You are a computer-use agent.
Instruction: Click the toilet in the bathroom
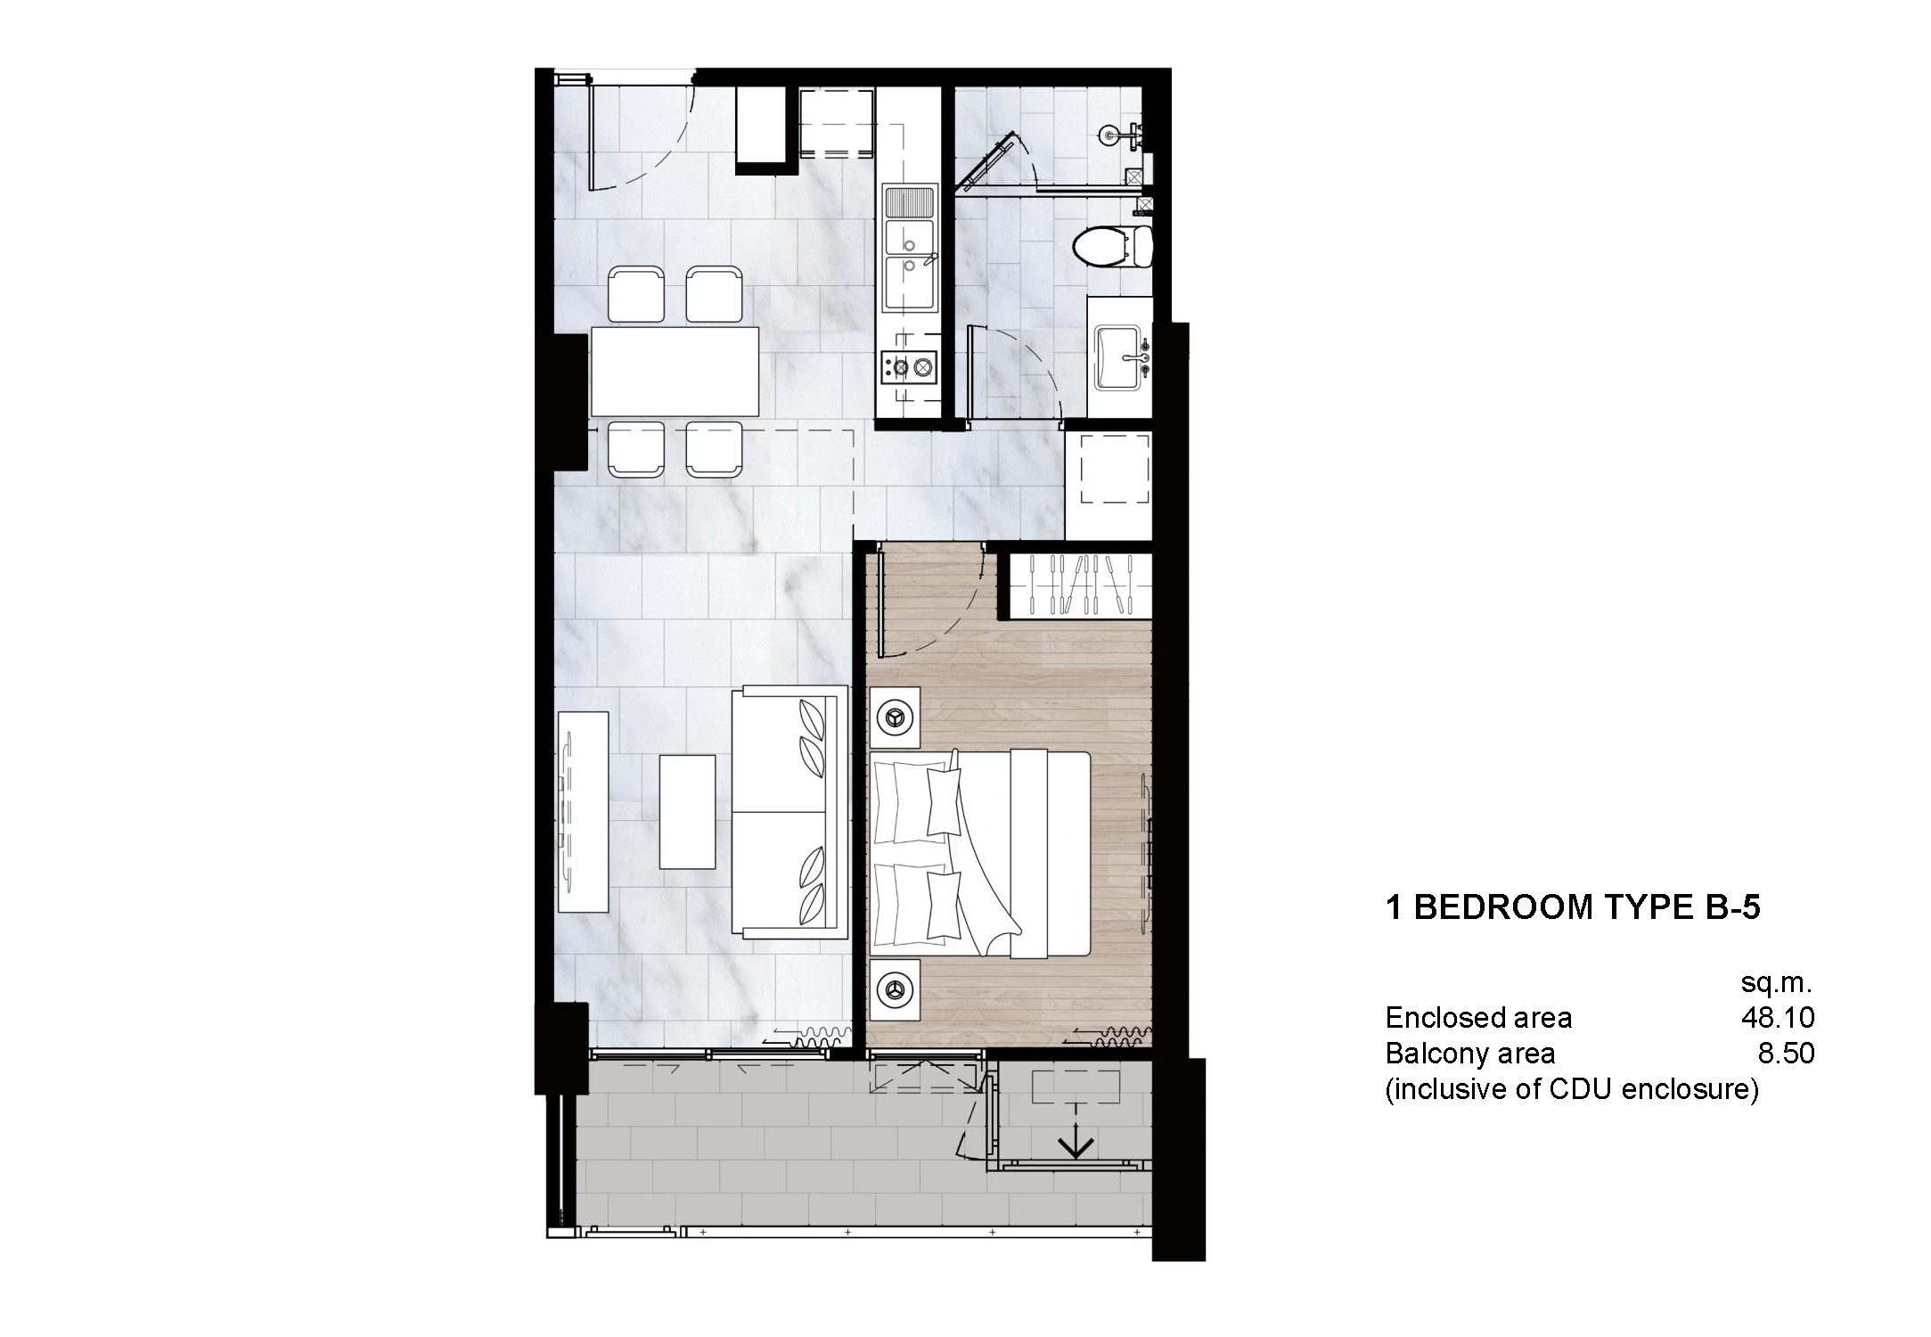pos(1109,246)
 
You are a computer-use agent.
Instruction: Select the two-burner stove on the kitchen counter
pos(910,365)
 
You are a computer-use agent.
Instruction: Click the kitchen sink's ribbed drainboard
pos(910,202)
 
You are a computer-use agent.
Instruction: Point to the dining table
pos(675,372)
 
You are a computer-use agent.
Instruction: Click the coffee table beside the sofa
pos(687,811)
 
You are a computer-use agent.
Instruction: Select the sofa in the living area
pos(790,812)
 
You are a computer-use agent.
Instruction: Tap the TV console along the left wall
pos(583,811)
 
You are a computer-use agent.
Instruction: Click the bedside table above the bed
pos(895,717)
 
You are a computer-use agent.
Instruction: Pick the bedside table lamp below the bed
pos(894,988)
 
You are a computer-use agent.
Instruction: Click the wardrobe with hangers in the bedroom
pos(1079,585)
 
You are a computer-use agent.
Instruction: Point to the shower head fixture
pos(1109,135)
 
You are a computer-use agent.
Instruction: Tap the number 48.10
pos(1778,1018)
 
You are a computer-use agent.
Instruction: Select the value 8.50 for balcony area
pos(1786,1054)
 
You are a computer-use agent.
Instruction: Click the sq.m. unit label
pos(1776,983)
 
